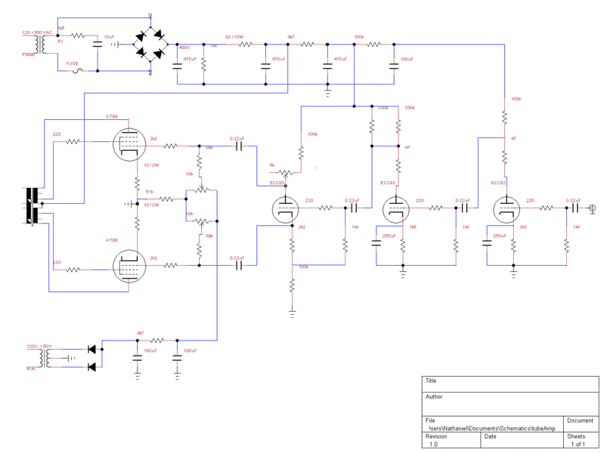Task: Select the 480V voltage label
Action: [182, 47]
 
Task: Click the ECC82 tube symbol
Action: [504, 208]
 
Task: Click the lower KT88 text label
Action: [112, 239]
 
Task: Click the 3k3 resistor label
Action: [522, 226]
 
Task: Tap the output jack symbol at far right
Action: [594, 207]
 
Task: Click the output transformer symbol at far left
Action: [33, 204]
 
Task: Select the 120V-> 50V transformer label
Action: [38, 346]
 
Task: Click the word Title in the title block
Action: [432, 381]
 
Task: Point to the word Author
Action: [434, 396]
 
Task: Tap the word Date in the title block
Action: [491, 436]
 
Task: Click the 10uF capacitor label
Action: [110, 36]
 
